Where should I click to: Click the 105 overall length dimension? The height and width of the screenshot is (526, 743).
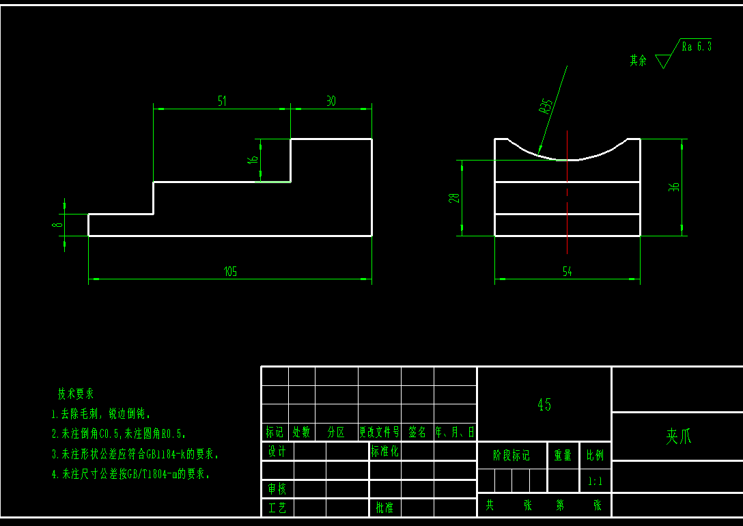coord(230,272)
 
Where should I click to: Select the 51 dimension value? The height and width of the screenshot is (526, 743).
coord(222,101)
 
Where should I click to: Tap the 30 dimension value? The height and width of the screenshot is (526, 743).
coord(331,101)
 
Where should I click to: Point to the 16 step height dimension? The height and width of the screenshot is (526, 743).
coord(253,159)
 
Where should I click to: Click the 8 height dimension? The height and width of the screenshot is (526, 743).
coord(59,224)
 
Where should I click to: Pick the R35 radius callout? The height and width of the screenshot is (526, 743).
coord(546,106)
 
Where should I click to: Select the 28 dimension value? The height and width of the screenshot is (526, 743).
coord(454,198)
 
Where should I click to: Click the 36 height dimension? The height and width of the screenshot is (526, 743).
coord(675,186)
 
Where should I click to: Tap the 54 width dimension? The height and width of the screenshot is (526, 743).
coord(567,272)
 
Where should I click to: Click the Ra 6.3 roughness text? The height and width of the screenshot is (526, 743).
coord(697,46)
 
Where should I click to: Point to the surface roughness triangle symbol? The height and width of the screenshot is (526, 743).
coord(662,61)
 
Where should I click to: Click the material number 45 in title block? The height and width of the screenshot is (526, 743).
coord(544,404)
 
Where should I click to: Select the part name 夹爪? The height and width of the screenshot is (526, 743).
coord(679,437)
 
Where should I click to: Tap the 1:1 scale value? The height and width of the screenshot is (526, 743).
coord(595,481)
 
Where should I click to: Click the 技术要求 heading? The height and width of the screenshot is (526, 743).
coord(76,393)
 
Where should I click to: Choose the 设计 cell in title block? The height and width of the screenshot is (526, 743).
coord(277,452)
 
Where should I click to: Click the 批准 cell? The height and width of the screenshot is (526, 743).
coord(384,508)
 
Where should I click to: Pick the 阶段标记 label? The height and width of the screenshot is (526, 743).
coord(511,455)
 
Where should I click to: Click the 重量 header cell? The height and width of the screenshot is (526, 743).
coord(563,455)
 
